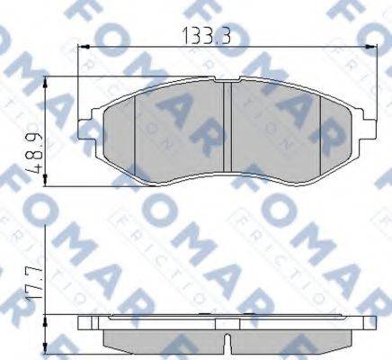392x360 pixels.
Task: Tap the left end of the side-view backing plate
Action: [x=84, y=324]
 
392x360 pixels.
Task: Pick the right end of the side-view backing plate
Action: [x=373, y=324]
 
